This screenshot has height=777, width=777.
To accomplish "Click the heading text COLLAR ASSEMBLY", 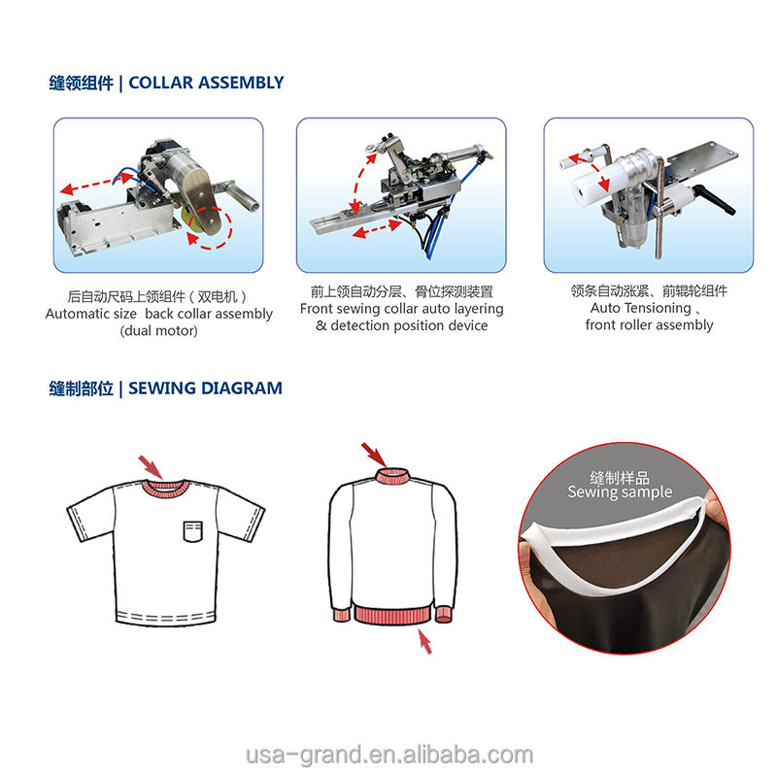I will [206, 83].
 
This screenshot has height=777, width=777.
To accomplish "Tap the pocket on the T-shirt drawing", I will [195, 530].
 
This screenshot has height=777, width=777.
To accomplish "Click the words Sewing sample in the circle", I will [620, 492].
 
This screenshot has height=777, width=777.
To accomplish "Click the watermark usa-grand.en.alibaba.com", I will [388, 755].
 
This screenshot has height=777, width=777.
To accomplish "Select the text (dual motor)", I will [158, 331].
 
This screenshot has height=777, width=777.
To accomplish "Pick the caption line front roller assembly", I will [649, 325].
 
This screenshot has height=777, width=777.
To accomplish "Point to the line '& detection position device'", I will [402, 325].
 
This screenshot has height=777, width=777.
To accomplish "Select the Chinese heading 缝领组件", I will [81, 83].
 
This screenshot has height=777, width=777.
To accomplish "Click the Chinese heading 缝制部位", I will [81, 388].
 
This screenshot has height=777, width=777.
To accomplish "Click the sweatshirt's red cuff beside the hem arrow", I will [442, 613].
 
